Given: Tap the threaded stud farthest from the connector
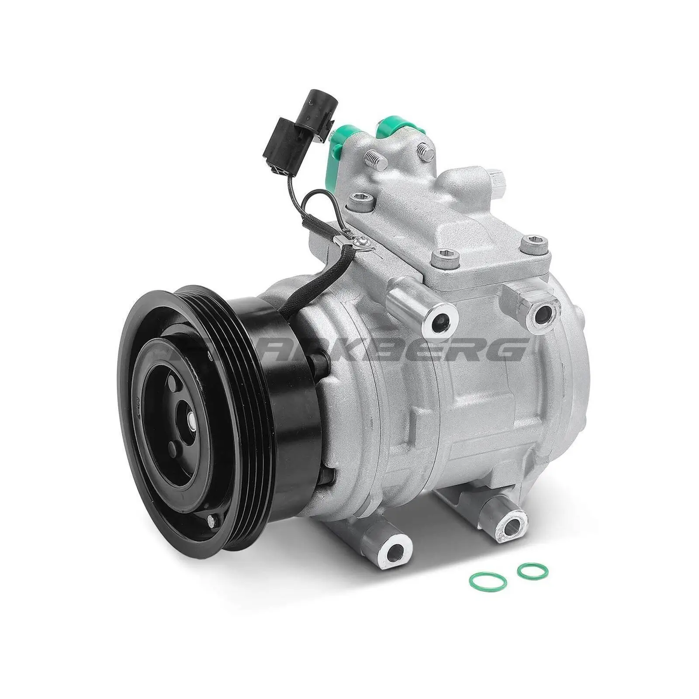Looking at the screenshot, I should click(x=425, y=152).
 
